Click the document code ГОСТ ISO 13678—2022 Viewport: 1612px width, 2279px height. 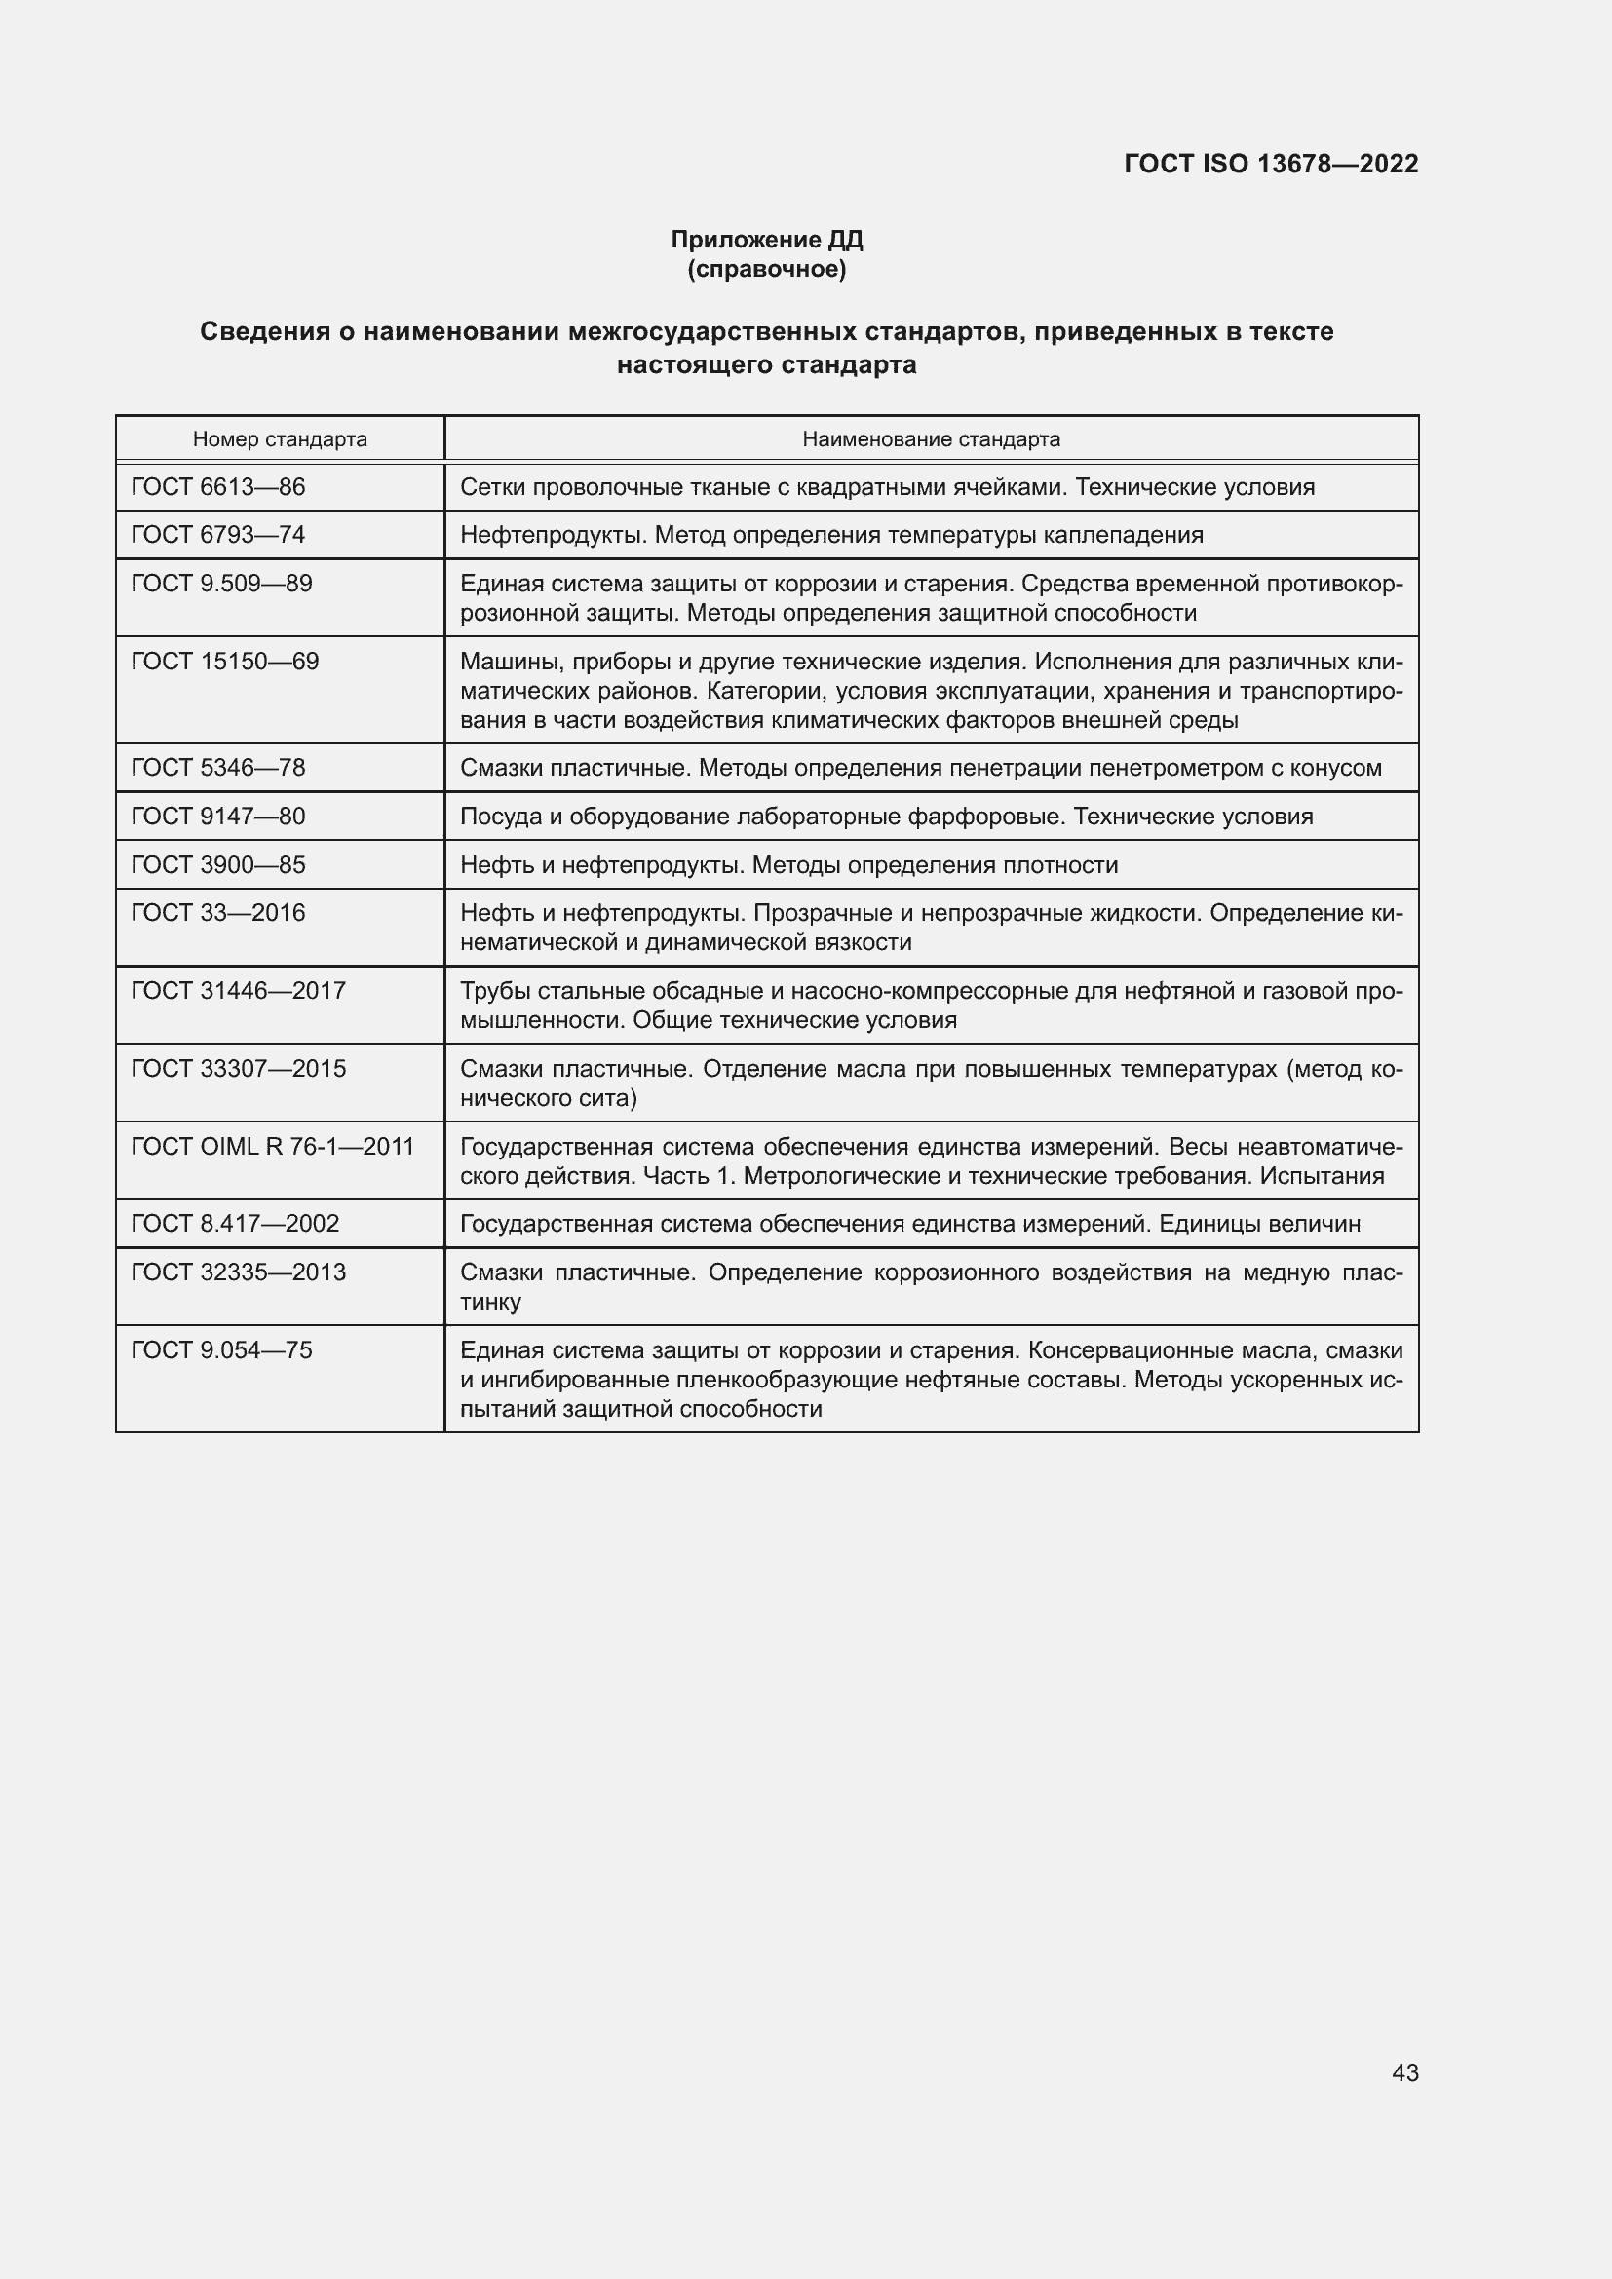pos(1271,164)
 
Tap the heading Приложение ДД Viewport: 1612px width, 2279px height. pos(766,240)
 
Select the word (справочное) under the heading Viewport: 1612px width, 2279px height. pos(766,269)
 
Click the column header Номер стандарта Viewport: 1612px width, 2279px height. pos(280,438)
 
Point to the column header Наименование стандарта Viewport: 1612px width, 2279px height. pos(931,438)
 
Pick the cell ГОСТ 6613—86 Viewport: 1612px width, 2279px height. pos(218,487)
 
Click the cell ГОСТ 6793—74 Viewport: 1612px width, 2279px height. pos(218,535)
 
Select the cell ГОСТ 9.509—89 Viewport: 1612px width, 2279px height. pos(221,584)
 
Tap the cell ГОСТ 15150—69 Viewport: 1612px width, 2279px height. pos(225,661)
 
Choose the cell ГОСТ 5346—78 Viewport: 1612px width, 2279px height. pos(218,767)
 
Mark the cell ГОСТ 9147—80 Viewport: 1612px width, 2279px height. pos(218,816)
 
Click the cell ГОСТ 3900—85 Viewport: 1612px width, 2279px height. pos(218,864)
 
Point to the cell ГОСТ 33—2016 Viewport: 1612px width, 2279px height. pos(218,912)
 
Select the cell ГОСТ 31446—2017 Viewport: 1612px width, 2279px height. pos(238,991)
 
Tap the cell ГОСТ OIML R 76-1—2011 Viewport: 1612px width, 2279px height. pos(273,1147)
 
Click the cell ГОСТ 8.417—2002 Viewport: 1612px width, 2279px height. pos(235,1223)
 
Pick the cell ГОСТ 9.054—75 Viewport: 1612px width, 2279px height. pos(221,1349)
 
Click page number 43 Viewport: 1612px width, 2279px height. pos(1404,2072)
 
